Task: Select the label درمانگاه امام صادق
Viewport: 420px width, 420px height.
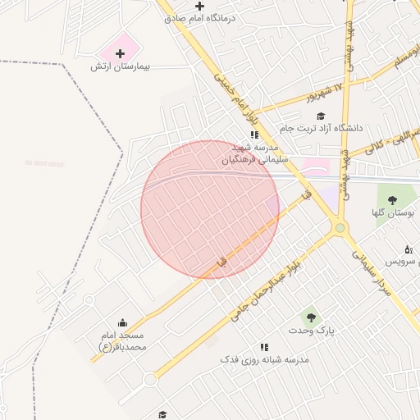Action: tap(202, 17)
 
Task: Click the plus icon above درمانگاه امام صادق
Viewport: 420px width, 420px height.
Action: tap(200, 6)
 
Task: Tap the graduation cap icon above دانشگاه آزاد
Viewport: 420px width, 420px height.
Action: tap(321, 116)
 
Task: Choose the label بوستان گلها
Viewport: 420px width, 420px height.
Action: tap(390, 212)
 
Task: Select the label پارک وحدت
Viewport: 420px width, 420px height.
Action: tap(312, 330)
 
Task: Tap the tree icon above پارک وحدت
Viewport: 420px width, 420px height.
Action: tap(310, 317)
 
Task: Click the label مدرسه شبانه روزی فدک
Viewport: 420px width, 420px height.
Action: tap(263, 360)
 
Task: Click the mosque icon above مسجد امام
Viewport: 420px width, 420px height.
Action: tap(123, 322)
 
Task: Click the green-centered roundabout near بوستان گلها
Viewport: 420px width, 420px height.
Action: tap(340, 228)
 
